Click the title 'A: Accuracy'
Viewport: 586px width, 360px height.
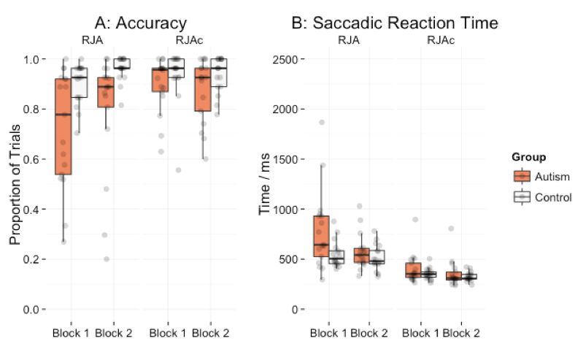point(141,23)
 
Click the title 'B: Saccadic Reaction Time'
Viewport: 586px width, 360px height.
point(395,23)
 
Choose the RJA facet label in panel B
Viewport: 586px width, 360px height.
point(349,41)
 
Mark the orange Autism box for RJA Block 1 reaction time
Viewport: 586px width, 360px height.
point(321,236)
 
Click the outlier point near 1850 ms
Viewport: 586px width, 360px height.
point(321,122)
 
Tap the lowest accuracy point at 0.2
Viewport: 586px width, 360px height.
point(107,259)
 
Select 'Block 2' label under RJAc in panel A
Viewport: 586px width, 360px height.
point(211,334)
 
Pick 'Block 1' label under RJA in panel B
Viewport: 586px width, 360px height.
point(328,334)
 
